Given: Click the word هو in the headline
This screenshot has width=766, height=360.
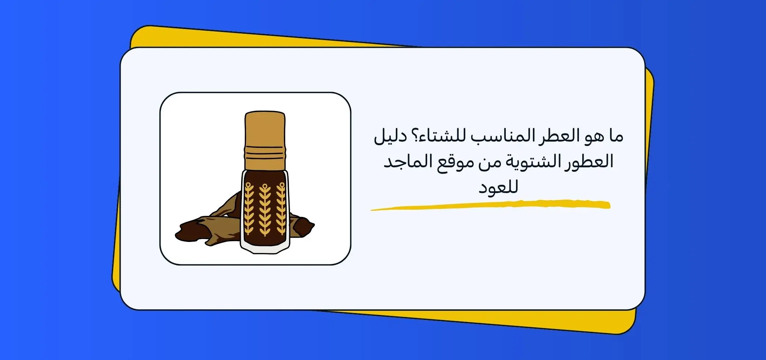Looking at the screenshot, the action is [594, 136].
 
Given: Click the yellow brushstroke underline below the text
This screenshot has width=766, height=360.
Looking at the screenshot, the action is [490, 205].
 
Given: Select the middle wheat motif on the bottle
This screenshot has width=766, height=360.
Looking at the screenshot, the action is [265, 209].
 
